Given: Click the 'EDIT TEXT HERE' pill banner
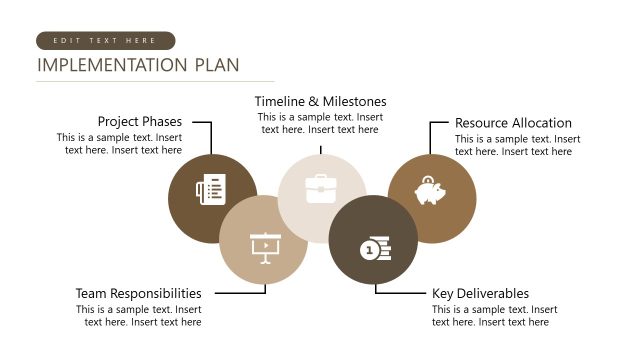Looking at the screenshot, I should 105,41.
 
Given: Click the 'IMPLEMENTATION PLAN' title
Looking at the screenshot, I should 138,66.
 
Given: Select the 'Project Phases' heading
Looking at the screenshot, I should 140,122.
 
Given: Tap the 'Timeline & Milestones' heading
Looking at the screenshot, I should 320,101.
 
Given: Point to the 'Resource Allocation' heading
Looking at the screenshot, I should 513,123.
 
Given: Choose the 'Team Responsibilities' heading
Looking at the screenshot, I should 138,294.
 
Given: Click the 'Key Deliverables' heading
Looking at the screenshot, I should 480,294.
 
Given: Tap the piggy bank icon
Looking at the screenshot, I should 431,190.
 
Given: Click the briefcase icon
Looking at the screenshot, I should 321,189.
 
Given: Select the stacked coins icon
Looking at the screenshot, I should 376,248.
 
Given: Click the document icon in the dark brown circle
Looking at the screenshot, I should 211,189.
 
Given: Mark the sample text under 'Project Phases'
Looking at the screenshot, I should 119,144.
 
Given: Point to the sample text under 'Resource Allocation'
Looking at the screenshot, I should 517,145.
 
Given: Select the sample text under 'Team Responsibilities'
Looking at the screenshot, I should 138,316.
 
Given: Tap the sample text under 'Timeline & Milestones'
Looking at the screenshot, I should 320,123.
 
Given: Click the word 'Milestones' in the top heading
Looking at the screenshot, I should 351,101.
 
